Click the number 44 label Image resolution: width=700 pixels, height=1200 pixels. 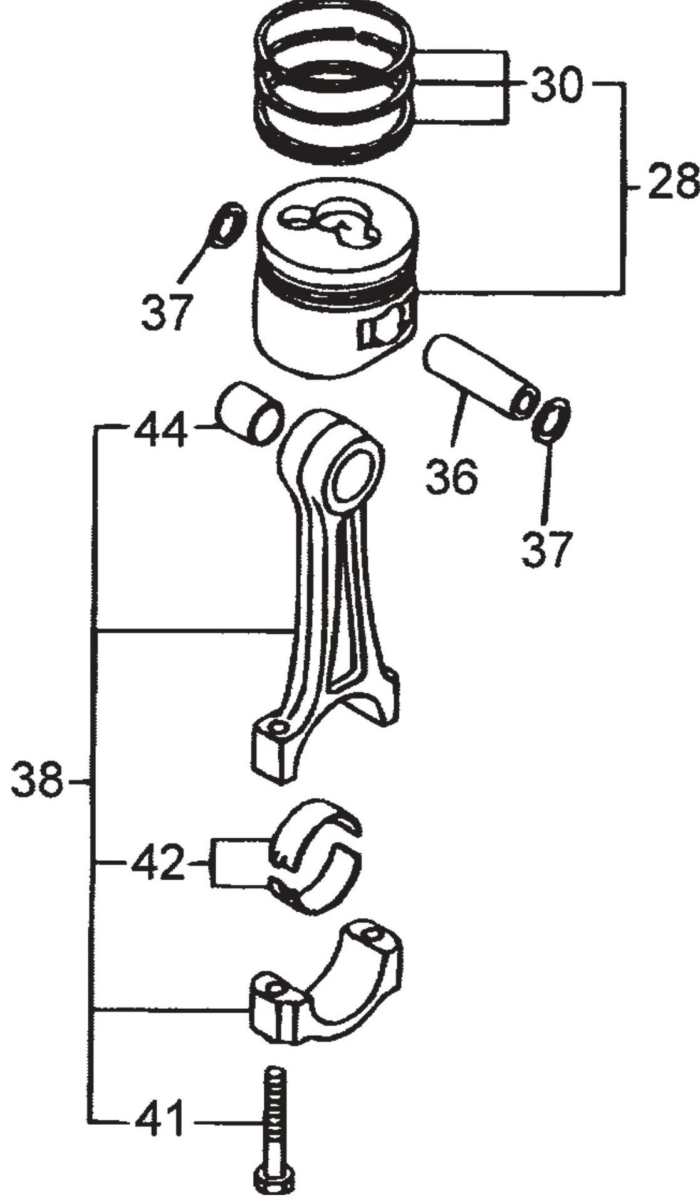161,430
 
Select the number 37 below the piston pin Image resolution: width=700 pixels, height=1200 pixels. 546,549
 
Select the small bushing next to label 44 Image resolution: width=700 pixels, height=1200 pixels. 249,414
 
